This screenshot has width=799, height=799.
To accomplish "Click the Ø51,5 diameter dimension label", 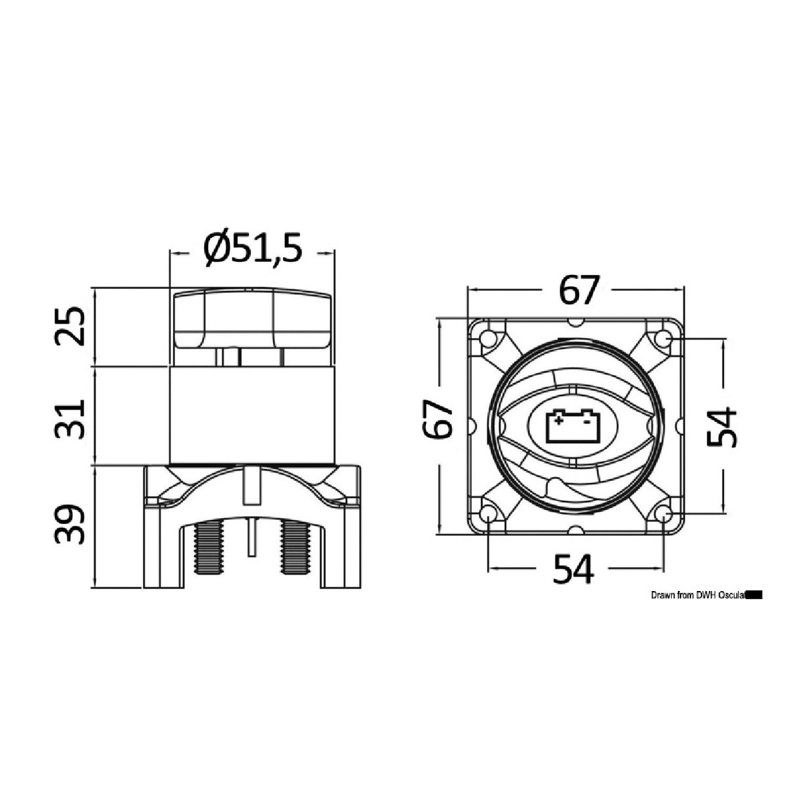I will [x=253, y=250].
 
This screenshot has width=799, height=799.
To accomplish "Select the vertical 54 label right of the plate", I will [x=723, y=426].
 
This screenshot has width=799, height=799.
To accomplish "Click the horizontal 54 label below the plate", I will [x=573, y=569].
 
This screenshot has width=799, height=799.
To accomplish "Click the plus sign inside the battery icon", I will [x=559, y=417].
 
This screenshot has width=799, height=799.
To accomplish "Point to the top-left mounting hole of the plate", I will [x=488, y=339].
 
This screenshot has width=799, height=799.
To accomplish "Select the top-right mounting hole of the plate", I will [x=663, y=339].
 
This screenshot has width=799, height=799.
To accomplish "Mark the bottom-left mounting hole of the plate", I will [x=488, y=514].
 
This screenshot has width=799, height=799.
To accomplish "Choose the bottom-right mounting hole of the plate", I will [x=663, y=514].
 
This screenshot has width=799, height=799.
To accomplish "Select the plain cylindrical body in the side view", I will [x=252, y=415].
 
